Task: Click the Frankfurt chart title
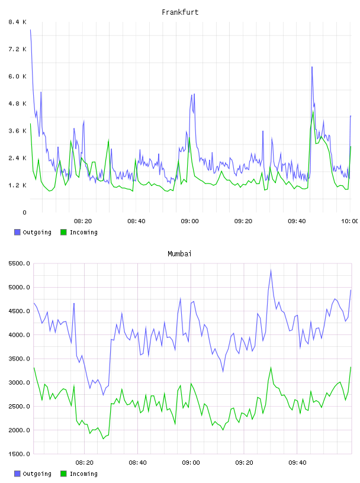(x=180, y=12)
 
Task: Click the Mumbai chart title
(x=179, y=254)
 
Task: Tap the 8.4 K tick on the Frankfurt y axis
(x=17, y=22)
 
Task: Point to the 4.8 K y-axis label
(x=17, y=104)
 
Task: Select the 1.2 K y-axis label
(x=17, y=185)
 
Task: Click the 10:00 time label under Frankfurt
(x=350, y=221)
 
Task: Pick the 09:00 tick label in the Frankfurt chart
(x=190, y=221)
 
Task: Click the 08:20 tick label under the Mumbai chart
(x=85, y=463)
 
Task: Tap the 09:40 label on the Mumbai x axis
(x=297, y=463)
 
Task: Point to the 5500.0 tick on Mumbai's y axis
(x=19, y=263)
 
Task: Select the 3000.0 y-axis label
(x=19, y=382)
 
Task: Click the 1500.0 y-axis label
(x=19, y=454)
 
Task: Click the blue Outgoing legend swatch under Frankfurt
(x=17, y=232)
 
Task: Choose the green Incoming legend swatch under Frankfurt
(x=63, y=232)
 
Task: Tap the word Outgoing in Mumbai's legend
(x=37, y=474)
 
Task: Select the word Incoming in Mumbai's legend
(x=83, y=474)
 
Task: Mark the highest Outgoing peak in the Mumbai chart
(x=271, y=270)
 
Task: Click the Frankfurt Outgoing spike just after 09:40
(x=312, y=67)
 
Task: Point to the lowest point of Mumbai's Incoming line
(x=103, y=439)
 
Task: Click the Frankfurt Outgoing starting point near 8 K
(x=31, y=30)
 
